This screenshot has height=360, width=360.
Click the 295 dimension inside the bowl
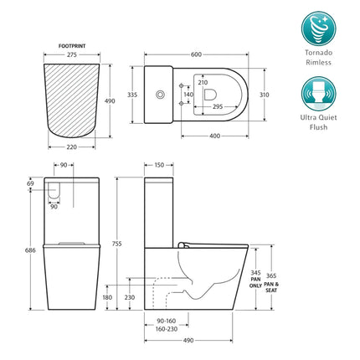(x=218, y=107)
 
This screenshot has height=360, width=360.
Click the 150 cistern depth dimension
(x=158, y=164)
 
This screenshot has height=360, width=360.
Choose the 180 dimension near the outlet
(x=107, y=297)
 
